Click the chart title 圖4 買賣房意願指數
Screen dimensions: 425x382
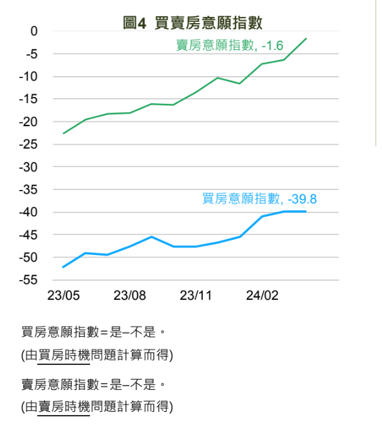[x=193, y=23]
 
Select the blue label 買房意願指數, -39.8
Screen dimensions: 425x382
[x=259, y=199]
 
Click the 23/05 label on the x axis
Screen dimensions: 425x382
[x=63, y=295]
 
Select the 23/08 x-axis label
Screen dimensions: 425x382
[x=130, y=295]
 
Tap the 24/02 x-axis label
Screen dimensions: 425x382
[x=262, y=295]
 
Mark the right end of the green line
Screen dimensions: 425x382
[x=306, y=39]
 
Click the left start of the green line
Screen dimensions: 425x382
[x=63, y=133]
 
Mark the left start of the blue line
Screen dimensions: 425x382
[x=63, y=267]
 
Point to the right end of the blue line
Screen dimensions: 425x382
[x=306, y=211]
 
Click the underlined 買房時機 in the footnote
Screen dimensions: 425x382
[x=64, y=356]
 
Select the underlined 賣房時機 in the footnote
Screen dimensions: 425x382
[x=64, y=407]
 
